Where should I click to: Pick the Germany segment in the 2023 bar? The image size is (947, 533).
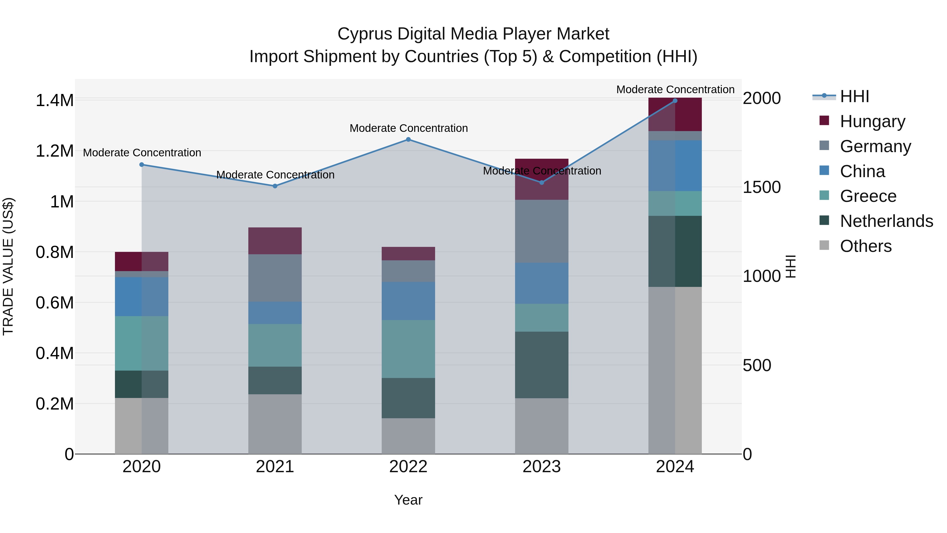coord(542,231)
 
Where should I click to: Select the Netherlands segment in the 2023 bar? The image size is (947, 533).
coord(542,365)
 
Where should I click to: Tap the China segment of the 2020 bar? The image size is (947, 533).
coord(142,296)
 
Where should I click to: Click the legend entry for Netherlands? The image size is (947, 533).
coord(886,221)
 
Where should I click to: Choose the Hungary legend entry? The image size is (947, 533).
coord(872,121)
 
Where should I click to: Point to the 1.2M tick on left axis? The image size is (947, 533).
coord(54,151)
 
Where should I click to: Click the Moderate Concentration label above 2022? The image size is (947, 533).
coord(409,128)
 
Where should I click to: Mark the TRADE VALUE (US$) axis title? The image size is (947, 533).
coord(8,266)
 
